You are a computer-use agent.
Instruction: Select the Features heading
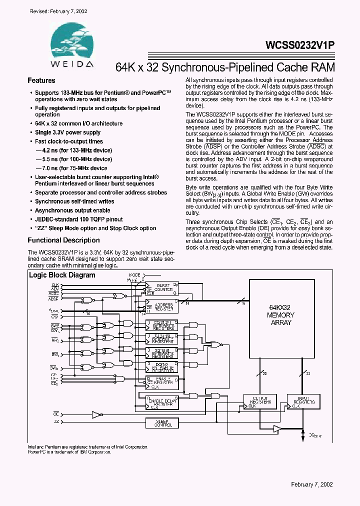41,80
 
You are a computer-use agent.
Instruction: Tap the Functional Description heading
63,240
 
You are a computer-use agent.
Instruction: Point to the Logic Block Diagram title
62,275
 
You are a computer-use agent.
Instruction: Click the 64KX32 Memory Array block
280,315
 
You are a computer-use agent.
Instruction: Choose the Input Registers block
303,401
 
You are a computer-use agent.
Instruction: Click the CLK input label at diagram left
55,285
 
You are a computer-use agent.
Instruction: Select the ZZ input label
55,422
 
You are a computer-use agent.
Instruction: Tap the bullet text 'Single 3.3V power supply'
67,132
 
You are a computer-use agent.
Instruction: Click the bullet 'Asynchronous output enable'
72,210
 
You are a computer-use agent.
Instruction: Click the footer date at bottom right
312,484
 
